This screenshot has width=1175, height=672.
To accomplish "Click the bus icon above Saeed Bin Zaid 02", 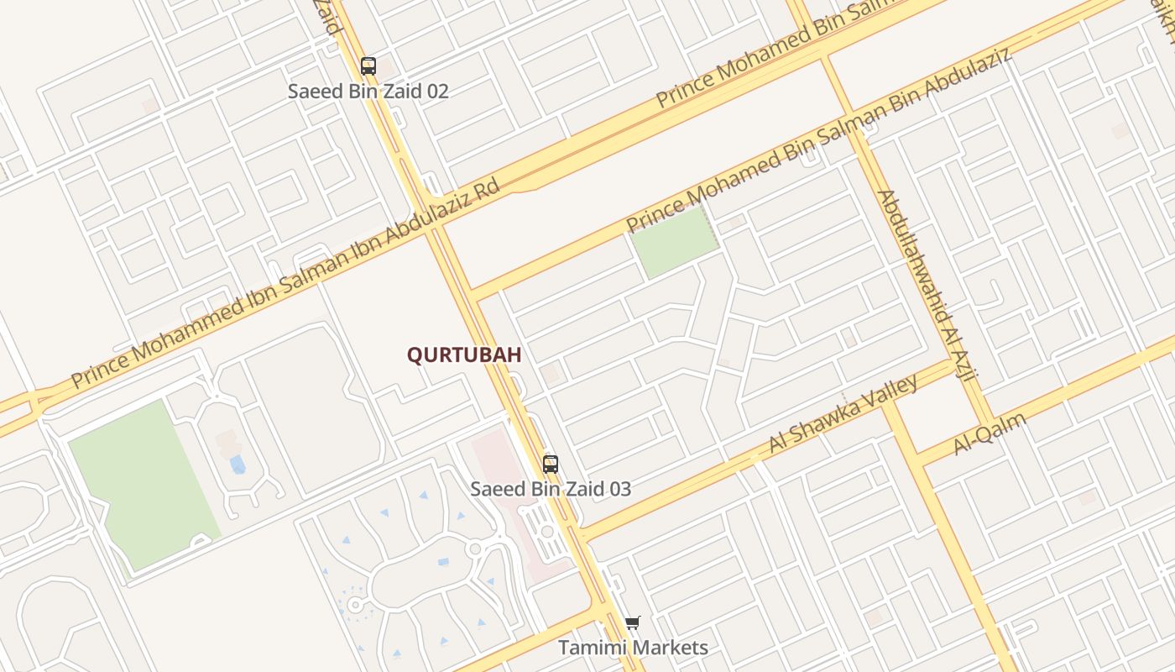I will tap(368, 66).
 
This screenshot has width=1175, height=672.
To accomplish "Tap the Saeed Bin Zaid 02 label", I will tap(368, 92).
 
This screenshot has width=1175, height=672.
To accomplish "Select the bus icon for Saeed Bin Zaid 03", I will tap(551, 464).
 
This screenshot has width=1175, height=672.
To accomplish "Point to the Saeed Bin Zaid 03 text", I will tap(551, 489).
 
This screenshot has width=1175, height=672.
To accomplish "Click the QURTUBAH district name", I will tap(464, 355).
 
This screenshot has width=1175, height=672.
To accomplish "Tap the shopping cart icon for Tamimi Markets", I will tap(632, 622).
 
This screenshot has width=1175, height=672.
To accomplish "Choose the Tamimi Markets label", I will tap(634, 648).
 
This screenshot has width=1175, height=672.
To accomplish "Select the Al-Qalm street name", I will tap(990, 433).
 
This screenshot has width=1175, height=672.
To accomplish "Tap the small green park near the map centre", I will tap(674, 242).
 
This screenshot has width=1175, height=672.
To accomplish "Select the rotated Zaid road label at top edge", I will tap(328, 17).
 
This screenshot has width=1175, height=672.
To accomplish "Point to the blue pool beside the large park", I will tap(238, 464).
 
